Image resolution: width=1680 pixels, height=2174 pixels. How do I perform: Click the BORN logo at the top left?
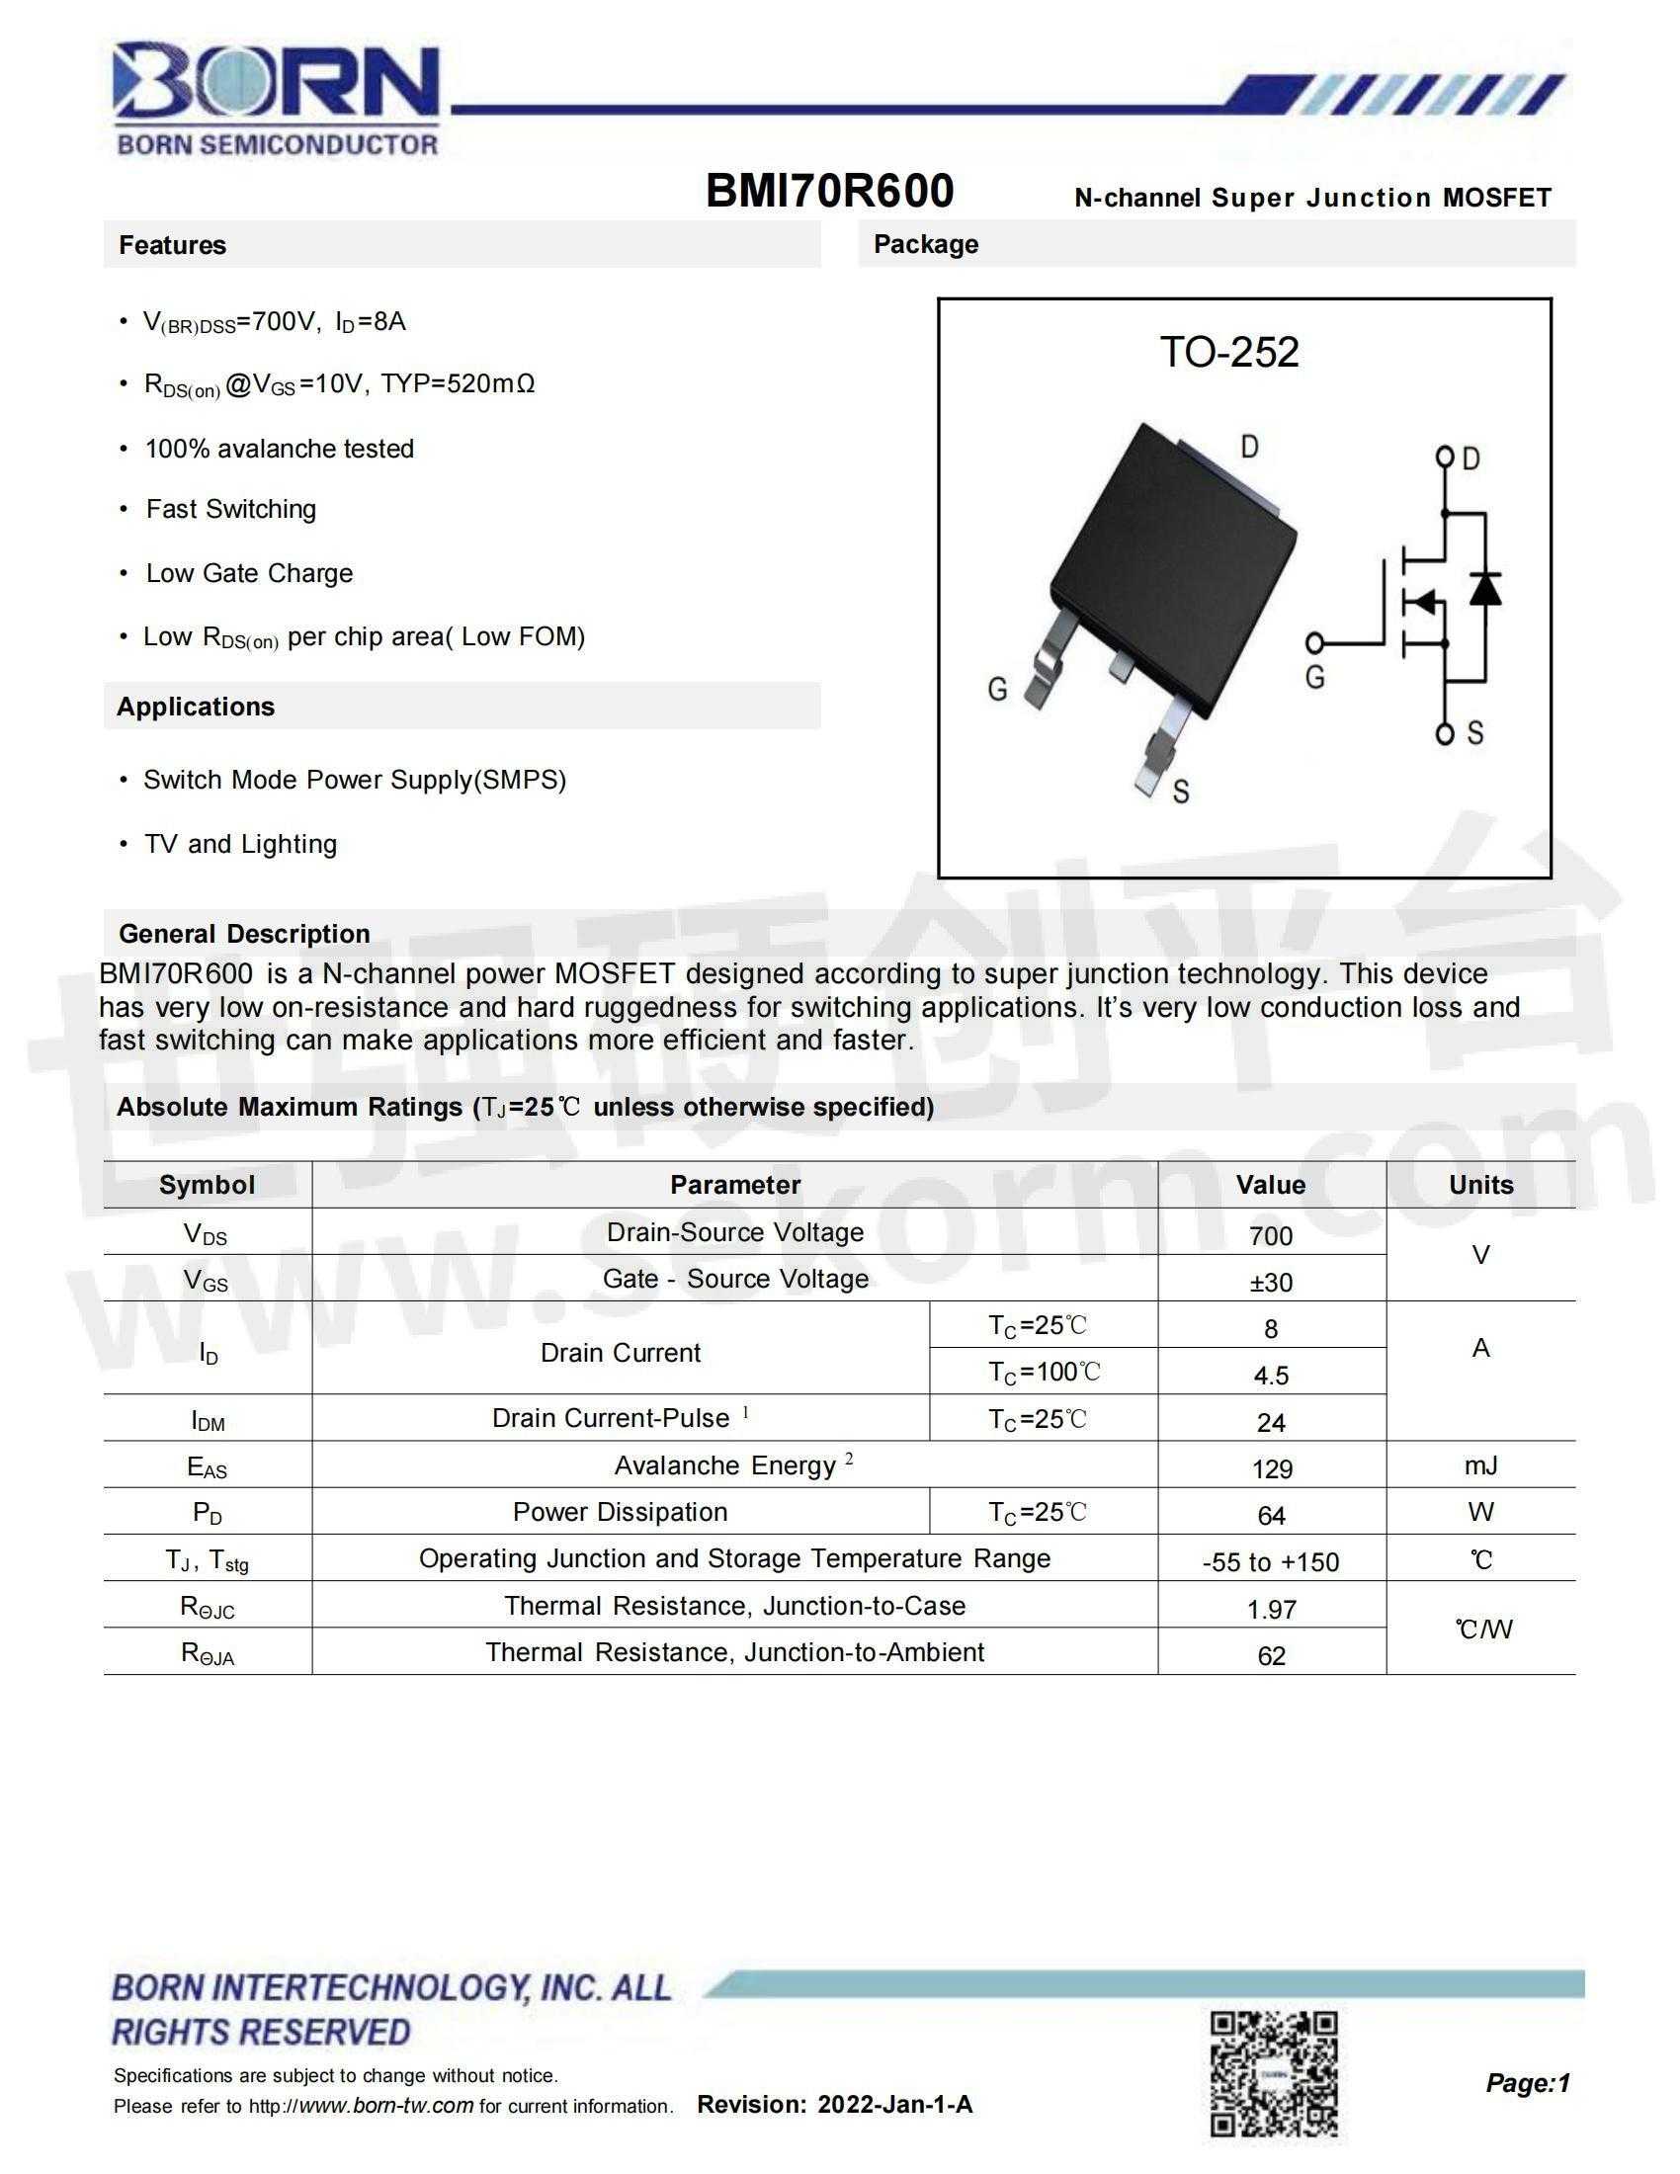tap(277, 97)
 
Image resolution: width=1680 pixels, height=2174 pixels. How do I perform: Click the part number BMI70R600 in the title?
tap(829, 191)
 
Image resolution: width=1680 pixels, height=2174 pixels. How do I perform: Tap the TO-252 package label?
tap(1229, 353)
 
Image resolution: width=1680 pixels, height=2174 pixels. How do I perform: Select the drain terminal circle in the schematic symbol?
tap(1444, 457)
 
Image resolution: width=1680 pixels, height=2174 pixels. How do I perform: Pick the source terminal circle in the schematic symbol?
tap(1444, 734)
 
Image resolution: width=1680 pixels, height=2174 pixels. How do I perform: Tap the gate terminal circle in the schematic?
tap(1315, 643)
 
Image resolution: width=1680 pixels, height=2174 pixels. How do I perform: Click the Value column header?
tap(1271, 1185)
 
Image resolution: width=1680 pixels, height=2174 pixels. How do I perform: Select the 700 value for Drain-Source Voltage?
tap(1271, 1235)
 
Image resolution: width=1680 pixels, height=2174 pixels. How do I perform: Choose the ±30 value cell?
tap(1271, 1282)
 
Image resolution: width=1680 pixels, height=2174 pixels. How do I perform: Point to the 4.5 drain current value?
tap(1271, 1376)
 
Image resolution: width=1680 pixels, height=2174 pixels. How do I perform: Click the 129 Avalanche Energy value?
tap(1271, 1469)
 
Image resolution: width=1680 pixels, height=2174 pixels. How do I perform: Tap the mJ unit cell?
tap(1480, 1465)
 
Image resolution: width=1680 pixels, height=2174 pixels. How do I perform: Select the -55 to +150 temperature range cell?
tap(1271, 1561)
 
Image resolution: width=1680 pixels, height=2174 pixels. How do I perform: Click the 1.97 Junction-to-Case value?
tap(1271, 1610)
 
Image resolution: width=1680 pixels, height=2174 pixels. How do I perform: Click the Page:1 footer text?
tap(1527, 2082)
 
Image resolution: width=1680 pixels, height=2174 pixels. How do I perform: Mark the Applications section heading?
tap(196, 707)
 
